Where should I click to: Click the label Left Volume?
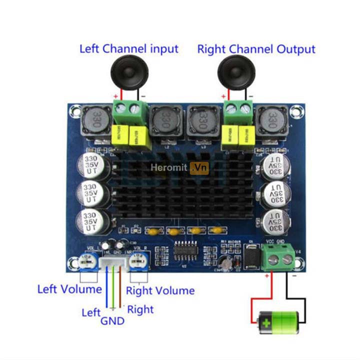tap(69, 289)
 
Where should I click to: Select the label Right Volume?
tap(160, 290)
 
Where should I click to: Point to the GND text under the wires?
tap(112, 320)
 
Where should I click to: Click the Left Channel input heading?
tap(128, 49)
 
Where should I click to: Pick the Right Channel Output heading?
tap(256, 49)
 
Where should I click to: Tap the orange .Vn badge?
tap(199, 168)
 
